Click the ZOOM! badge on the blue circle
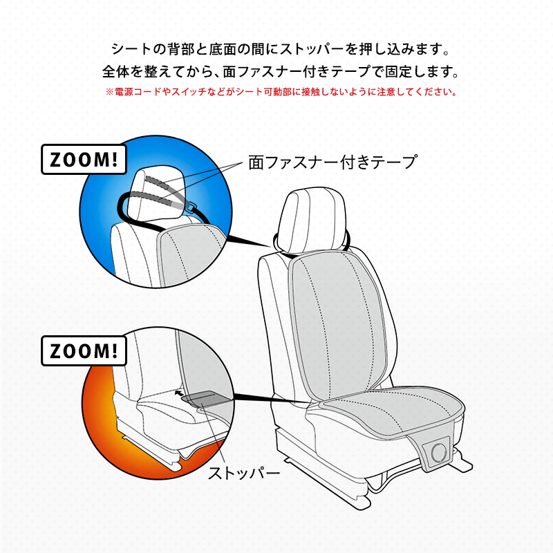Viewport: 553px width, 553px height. (84, 160)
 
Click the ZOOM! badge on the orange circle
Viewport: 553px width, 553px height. (84, 350)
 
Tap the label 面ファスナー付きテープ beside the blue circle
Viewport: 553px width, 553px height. (333, 162)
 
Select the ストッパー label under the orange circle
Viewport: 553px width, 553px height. (244, 473)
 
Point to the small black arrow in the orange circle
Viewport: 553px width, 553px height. (179, 393)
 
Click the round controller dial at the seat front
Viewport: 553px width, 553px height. (438, 451)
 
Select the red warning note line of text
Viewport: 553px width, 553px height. (281, 92)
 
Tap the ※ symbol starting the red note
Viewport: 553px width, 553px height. (110, 93)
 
